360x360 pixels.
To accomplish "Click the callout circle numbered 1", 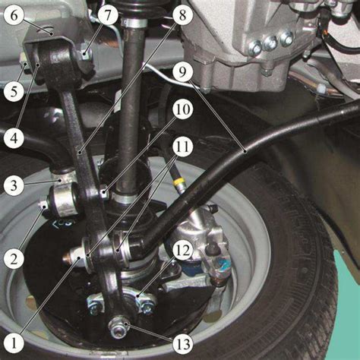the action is click(14, 344).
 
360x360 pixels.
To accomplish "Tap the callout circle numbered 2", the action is click(14, 259).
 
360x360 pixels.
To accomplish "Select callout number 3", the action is click(14, 185).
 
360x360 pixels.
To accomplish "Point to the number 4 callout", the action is click(14, 138).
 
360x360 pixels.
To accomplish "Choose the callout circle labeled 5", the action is click(14, 91).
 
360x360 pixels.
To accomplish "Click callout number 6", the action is click(14, 15).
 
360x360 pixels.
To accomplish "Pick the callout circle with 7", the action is click(108, 15).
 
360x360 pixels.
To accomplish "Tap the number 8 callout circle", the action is click(182, 15).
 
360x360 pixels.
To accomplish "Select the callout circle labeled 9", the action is click(182, 72).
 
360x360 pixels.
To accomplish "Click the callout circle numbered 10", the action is click(183, 109).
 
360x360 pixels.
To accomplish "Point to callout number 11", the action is click(183, 147).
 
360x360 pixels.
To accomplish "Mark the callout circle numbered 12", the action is click(183, 251).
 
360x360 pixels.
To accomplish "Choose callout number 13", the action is click(183, 344).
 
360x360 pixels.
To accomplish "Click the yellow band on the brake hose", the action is click(179, 182).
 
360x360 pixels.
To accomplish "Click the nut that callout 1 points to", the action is click(76, 256).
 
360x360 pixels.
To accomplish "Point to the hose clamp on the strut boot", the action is click(134, 24).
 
